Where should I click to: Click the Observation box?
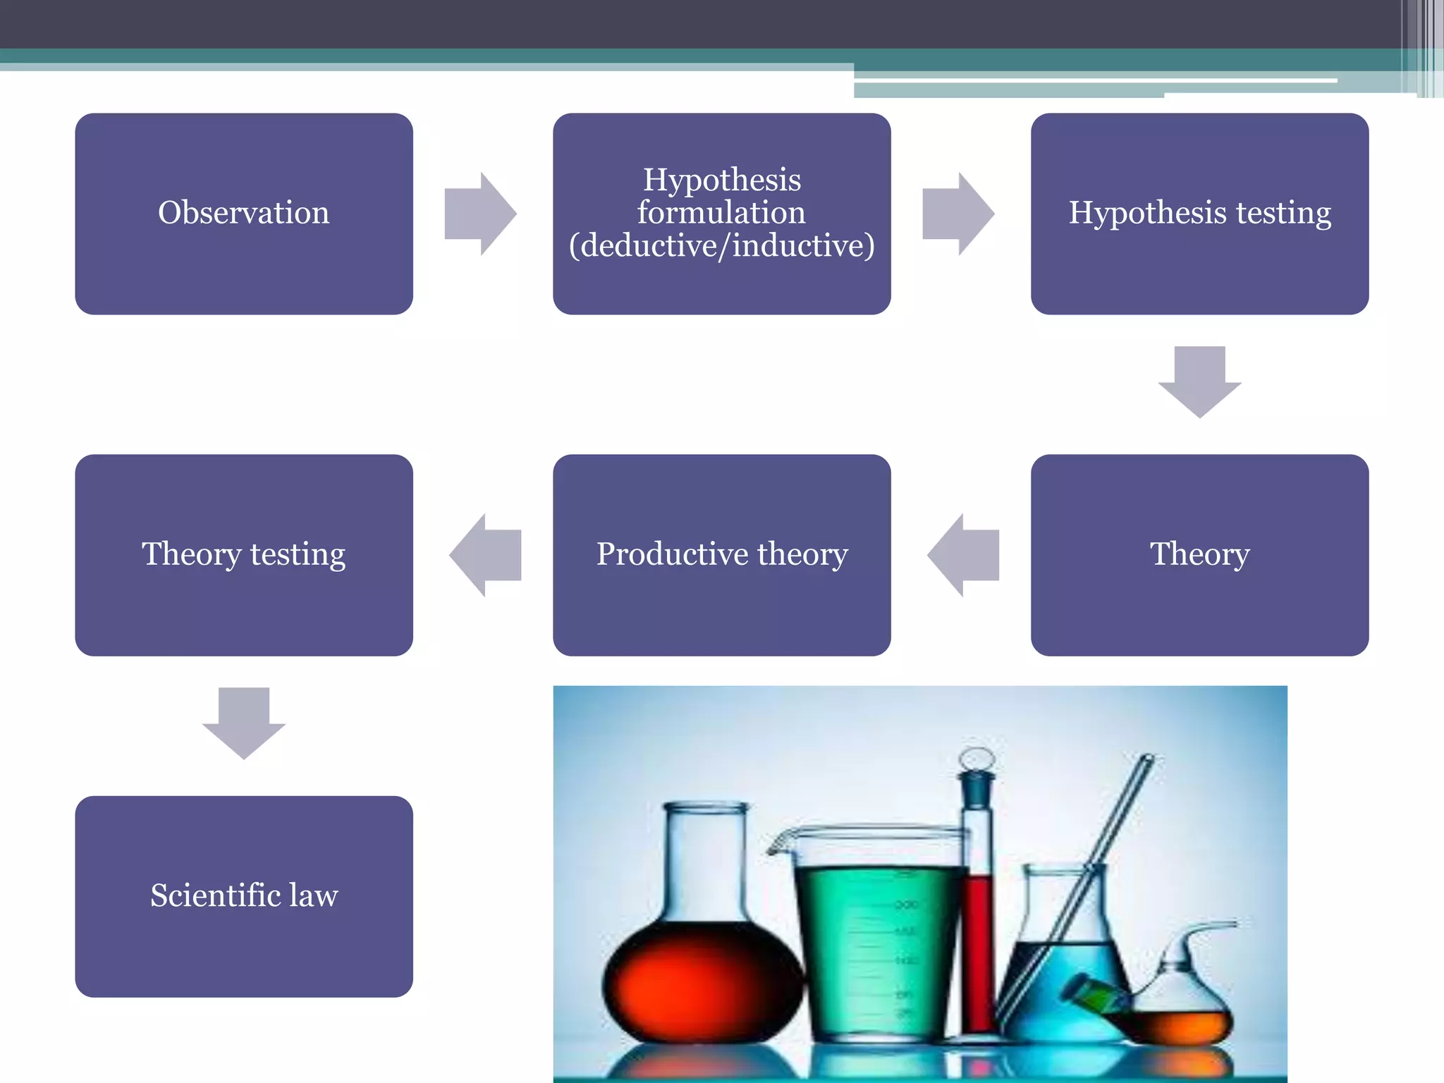click(x=244, y=214)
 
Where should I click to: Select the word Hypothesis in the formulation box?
click(x=722, y=180)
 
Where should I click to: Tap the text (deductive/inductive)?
click(x=722, y=245)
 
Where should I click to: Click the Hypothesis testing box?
click(x=1199, y=214)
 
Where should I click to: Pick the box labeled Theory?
click(x=1199, y=555)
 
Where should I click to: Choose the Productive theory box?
click(x=722, y=555)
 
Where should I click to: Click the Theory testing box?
click(x=244, y=555)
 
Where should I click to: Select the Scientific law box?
click(x=244, y=896)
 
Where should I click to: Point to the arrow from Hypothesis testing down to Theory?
click(x=1199, y=381)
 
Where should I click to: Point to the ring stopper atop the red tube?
click(x=977, y=759)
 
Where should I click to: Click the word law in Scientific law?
click(x=313, y=895)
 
